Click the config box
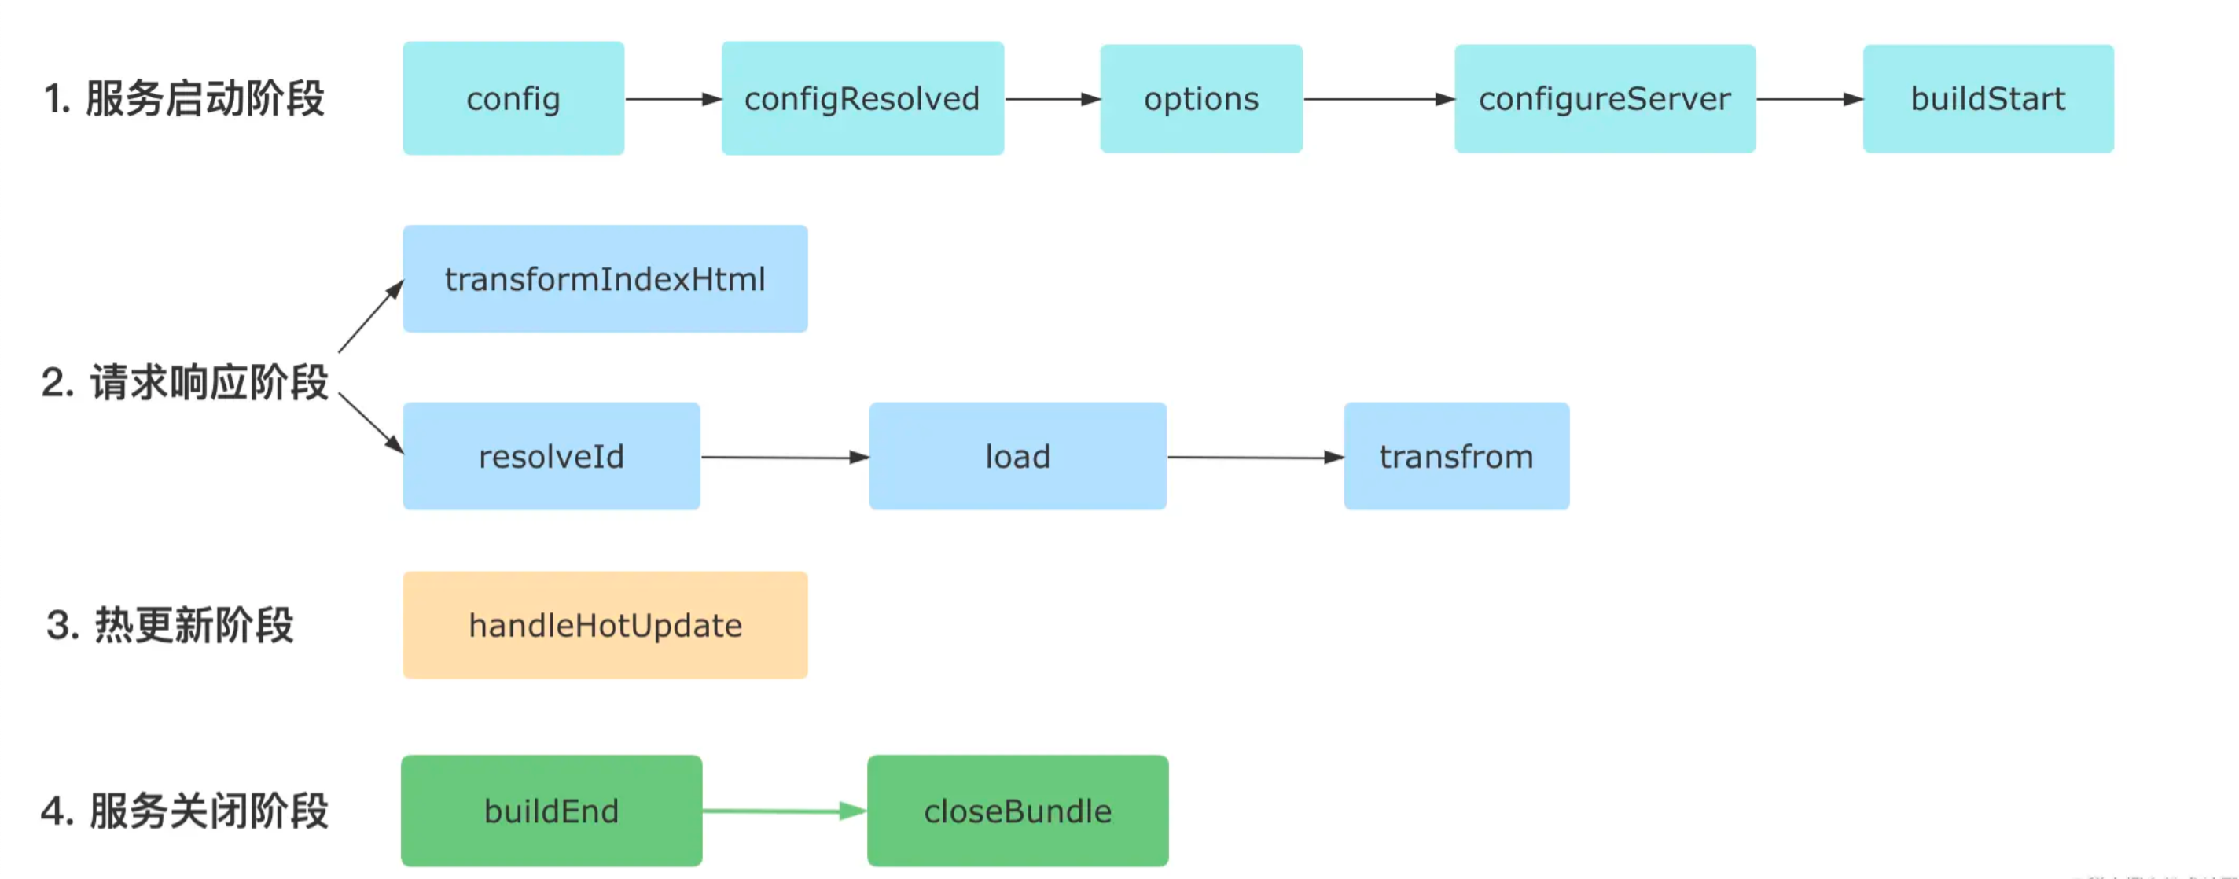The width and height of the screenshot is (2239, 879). [513, 98]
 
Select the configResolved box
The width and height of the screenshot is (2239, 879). [862, 98]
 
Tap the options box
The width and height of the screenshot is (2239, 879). [1201, 98]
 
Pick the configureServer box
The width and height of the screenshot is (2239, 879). [1605, 98]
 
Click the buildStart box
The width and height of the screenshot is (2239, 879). [1987, 98]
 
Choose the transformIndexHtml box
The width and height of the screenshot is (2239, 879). [605, 278]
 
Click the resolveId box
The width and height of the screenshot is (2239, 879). [551, 455]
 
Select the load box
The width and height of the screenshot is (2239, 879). [1017, 455]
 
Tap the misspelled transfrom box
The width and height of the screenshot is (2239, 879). [1456, 455]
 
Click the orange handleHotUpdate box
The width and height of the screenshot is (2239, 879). [605, 624]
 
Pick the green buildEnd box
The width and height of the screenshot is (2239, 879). [551, 811]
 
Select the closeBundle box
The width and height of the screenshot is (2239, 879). [1017, 811]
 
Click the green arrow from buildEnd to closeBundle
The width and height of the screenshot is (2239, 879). [785, 811]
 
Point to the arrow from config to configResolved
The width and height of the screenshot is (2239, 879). [674, 99]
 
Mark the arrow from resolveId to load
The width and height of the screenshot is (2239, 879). [785, 457]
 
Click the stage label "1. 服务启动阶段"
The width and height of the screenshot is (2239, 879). [183, 98]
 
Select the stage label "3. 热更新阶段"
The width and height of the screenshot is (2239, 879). [171, 625]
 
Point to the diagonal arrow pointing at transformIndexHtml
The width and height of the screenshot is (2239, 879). [371, 315]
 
